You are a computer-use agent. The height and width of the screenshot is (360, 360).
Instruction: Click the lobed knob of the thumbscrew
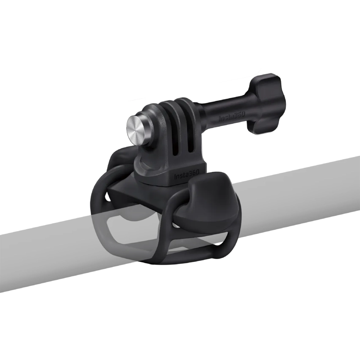coord(266,104)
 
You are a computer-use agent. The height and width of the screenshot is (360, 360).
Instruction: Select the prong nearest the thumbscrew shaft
coord(197,127)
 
